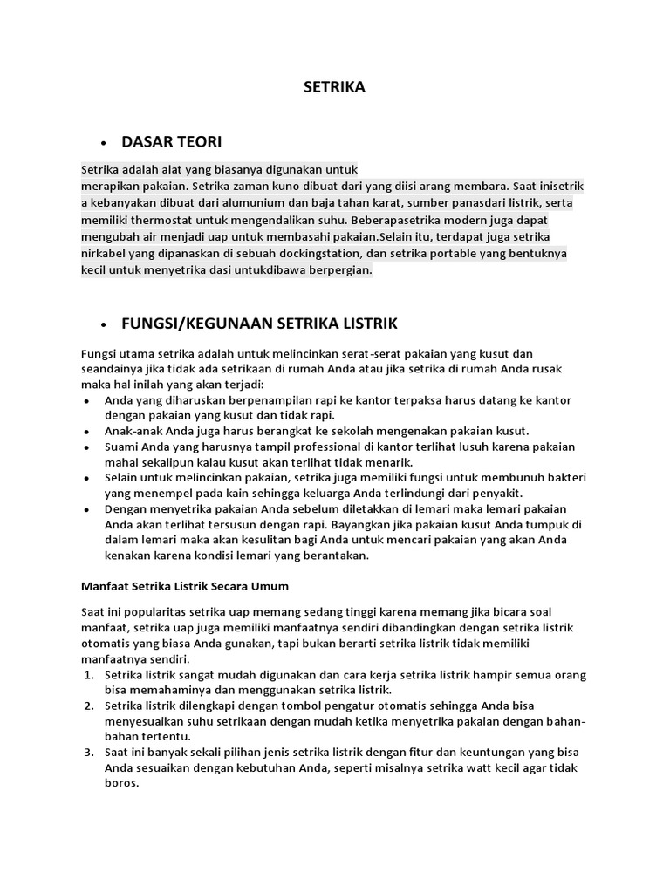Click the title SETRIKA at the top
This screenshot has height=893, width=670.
[334, 87]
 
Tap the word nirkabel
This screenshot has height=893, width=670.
[106, 254]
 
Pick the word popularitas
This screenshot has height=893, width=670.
[159, 611]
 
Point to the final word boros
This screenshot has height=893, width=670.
[121, 783]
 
